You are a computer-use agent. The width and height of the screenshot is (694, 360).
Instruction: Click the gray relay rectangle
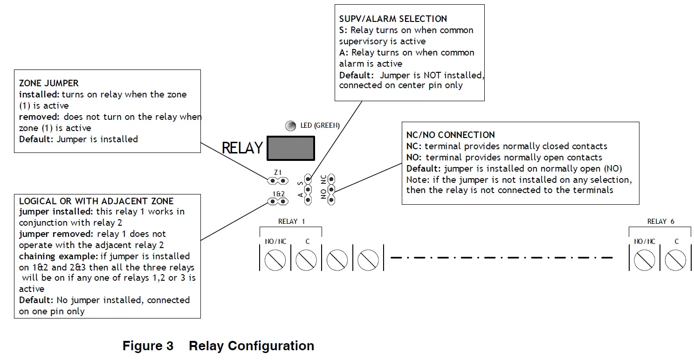(x=290, y=148)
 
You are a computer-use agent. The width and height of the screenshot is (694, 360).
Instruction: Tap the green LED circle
(x=291, y=125)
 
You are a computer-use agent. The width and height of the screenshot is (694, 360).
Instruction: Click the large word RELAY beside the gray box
(x=242, y=148)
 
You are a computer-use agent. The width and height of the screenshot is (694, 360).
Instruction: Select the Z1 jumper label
(x=277, y=173)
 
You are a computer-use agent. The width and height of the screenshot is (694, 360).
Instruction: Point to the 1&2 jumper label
(x=278, y=194)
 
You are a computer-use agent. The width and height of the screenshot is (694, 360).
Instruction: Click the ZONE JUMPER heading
(x=48, y=83)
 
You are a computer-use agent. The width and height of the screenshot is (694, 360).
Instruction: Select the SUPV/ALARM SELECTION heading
(x=393, y=19)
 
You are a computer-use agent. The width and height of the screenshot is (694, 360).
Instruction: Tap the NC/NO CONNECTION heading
(x=450, y=135)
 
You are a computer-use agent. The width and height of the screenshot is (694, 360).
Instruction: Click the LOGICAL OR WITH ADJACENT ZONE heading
(x=96, y=201)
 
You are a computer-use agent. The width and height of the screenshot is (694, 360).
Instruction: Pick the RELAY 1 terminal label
(x=291, y=222)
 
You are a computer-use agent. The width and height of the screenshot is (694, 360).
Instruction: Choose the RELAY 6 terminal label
(x=660, y=222)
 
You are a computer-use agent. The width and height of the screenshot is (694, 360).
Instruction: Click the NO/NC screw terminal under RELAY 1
(x=275, y=260)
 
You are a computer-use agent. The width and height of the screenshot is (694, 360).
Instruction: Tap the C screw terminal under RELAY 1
(x=306, y=260)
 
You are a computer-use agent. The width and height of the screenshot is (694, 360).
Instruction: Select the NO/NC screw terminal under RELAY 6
(x=645, y=260)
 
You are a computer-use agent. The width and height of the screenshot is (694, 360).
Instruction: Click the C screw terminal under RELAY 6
(x=675, y=260)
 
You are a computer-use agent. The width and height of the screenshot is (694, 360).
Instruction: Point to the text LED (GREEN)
(x=320, y=125)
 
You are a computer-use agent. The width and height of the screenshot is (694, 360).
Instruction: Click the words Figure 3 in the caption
(x=148, y=346)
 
